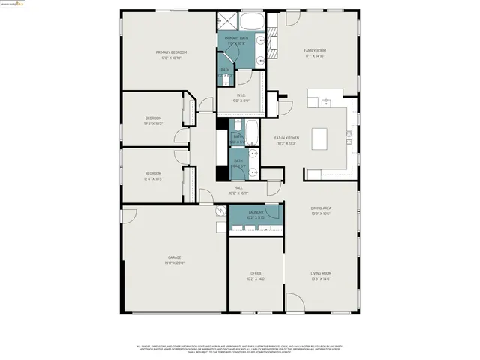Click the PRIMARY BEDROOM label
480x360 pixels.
(171, 52)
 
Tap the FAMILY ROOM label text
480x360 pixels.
(314, 51)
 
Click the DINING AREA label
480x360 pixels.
(321, 209)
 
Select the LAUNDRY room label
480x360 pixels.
(254, 213)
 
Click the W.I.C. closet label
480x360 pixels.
(241, 95)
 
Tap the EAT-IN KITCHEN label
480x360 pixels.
(286, 138)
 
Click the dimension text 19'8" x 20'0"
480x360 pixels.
(174, 263)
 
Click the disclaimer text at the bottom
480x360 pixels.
(240, 349)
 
